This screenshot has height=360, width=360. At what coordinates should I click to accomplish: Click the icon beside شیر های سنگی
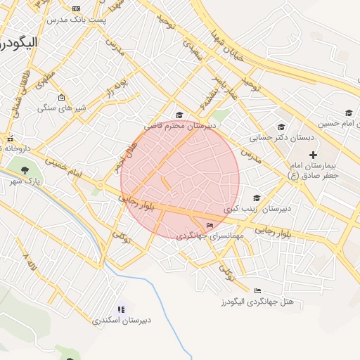(61, 98)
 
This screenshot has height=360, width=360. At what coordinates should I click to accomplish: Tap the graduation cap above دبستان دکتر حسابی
(281, 127)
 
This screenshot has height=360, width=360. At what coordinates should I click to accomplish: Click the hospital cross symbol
(313, 154)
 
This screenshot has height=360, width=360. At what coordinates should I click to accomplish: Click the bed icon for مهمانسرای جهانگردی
(210, 225)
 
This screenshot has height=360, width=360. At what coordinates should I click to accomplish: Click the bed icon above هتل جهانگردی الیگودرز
(257, 290)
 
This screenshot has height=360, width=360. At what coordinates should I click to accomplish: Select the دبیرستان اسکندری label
(121, 320)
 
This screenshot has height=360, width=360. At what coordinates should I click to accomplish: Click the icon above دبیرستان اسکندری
(121, 309)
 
